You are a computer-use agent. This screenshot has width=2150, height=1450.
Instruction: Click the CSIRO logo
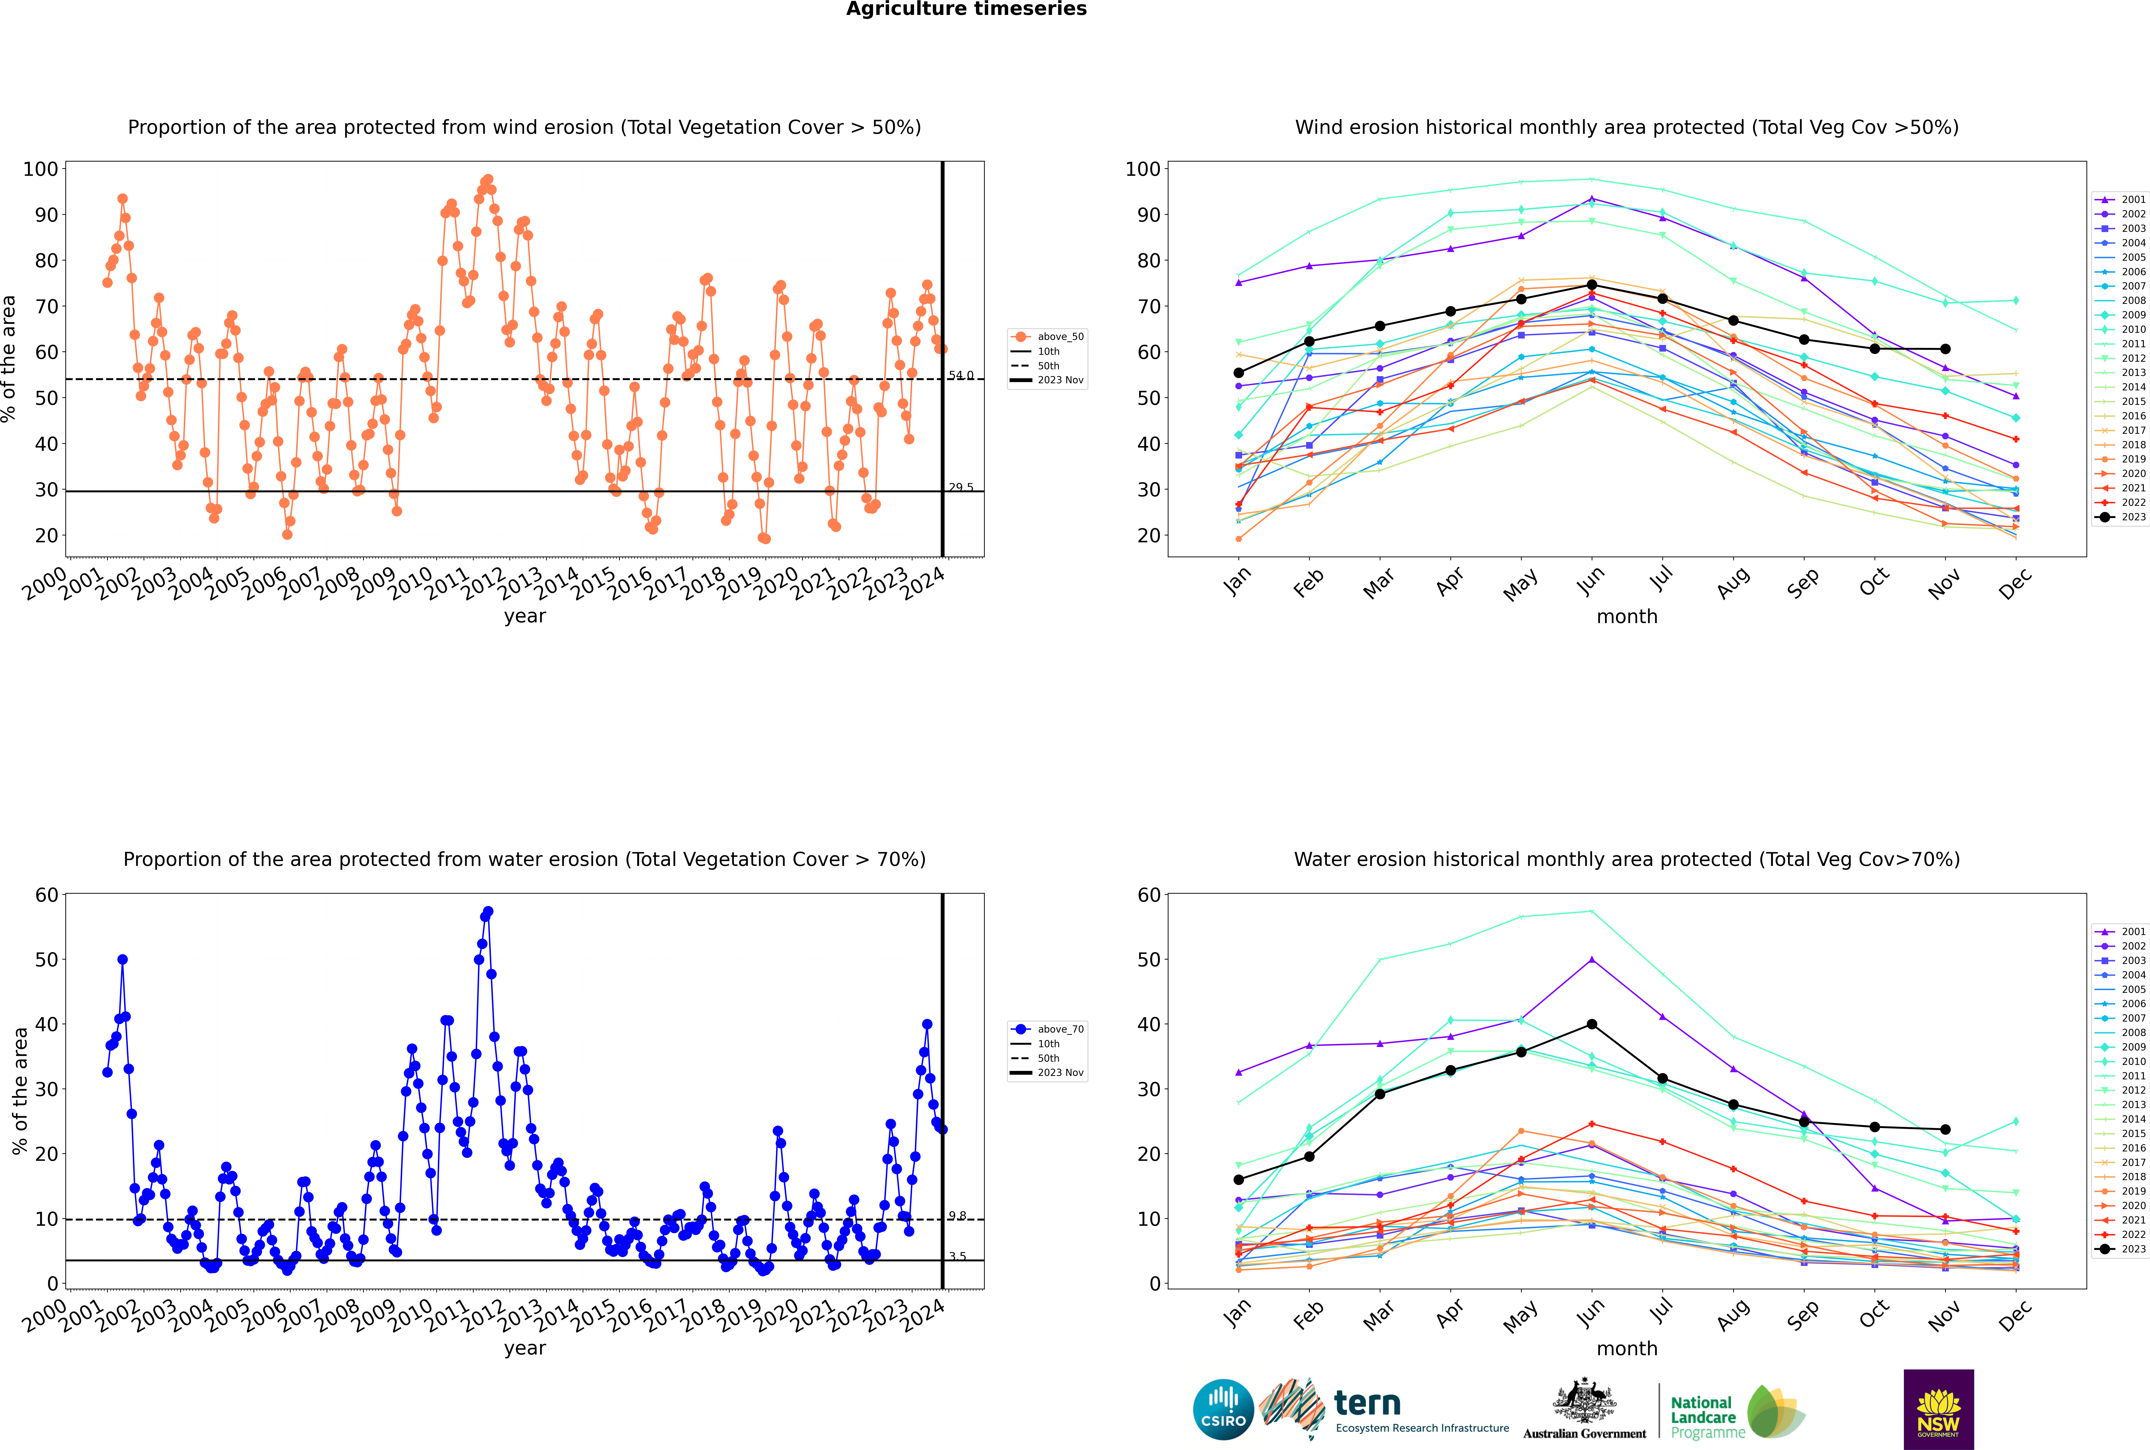1223,1410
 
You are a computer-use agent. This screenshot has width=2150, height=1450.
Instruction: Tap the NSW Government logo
1938,1408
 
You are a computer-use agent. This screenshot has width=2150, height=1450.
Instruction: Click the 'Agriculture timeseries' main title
966,9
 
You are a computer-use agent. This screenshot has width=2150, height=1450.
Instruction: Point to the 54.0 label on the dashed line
960,375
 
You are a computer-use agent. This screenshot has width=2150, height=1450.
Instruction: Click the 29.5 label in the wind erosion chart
960,487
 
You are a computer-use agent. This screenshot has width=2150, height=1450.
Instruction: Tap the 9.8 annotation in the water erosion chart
957,1216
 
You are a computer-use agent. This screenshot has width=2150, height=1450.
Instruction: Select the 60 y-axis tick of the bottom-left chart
46,895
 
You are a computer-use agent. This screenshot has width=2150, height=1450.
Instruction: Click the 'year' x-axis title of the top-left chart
524,616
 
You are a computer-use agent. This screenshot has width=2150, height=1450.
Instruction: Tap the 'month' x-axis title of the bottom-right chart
1627,1348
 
